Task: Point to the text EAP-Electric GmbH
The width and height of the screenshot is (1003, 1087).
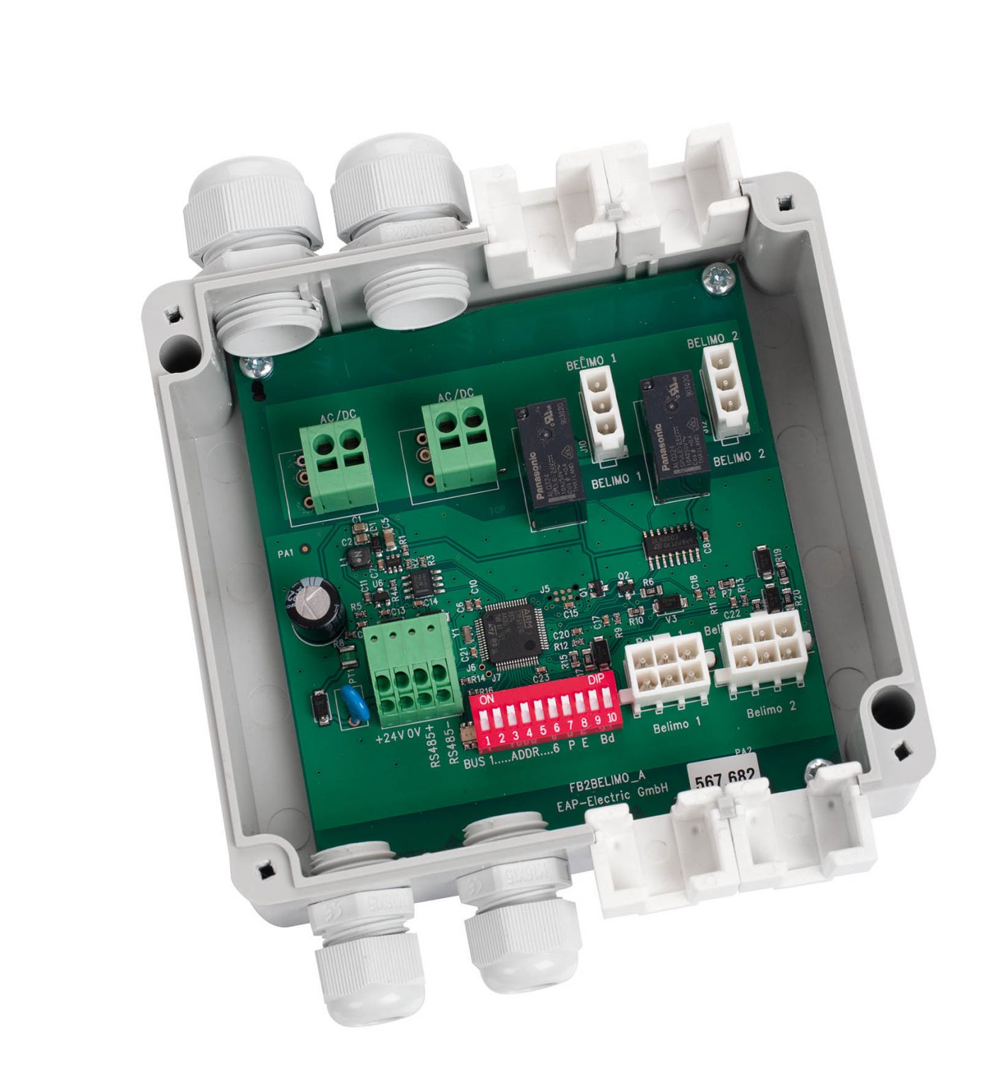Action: [x=613, y=795]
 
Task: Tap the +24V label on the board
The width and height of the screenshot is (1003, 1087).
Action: [x=389, y=735]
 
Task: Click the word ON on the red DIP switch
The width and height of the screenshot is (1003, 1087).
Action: [x=487, y=698]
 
